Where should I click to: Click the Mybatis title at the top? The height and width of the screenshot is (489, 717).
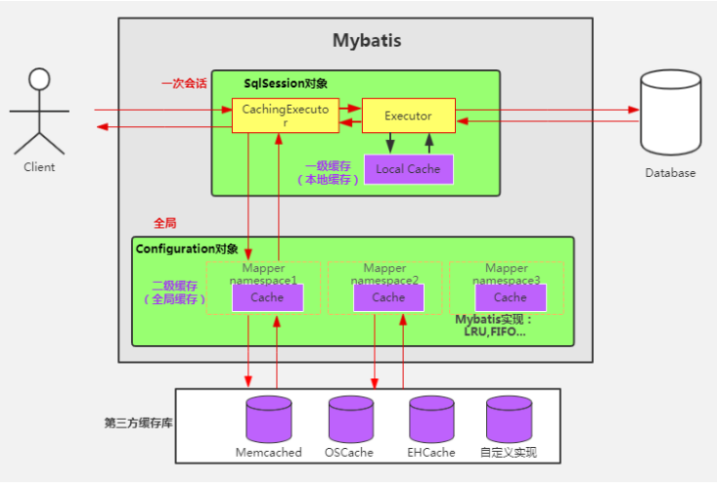(x=367, y=41)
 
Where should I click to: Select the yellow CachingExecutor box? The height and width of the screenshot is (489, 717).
(x=285, y=116)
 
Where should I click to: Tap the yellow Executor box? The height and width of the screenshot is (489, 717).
(x=408, y=116)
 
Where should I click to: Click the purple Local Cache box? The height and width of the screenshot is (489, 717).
(x=408, y=169)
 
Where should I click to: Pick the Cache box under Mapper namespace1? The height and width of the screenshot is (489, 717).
(x=267, y=297)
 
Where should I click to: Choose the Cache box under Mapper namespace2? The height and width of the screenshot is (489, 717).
(x=388, y=297)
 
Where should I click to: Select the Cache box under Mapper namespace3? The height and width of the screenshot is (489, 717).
(x=510, y=297)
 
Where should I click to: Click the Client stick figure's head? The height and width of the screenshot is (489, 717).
(x=39, y=79)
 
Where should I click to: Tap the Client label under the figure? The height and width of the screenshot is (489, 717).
(x=39, y=167)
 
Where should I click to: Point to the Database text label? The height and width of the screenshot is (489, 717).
(x=670, y=173)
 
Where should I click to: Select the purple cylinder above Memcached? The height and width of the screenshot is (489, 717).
(x=268, y=419)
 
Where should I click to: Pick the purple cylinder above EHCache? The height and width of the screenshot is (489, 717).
(x=431, y=419)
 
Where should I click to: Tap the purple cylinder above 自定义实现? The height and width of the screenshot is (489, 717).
(x=509, y=419)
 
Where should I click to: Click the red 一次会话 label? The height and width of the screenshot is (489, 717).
(x=184, y=84)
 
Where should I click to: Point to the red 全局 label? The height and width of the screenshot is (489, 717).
(x=164, y=223)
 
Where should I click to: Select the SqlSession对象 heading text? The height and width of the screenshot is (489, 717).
(x=285, y=84)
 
